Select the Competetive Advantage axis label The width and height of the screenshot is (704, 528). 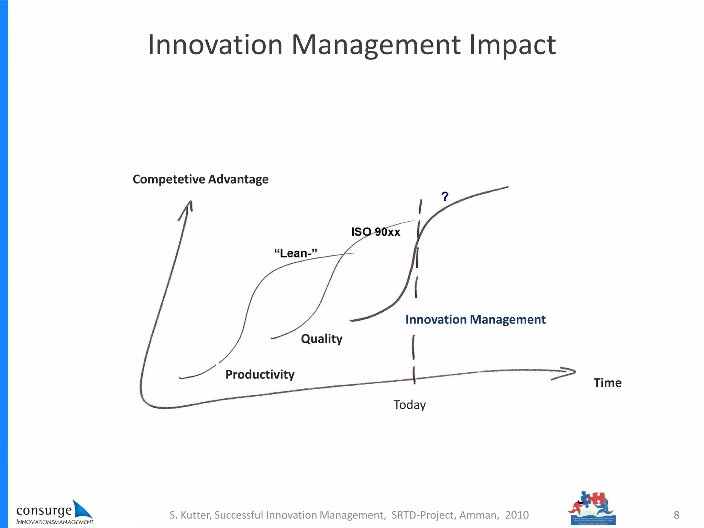click(200, 179)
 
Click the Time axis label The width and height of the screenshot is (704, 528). click(607, 383)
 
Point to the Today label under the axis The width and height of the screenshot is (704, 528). click(409, 405)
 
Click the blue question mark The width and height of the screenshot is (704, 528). click(445, 197)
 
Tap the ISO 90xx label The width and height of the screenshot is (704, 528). click(376, 232)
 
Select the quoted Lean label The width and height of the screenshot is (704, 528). click(296, 253)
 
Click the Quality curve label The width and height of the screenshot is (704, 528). click(321, 339)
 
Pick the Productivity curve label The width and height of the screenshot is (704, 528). click(260, 374)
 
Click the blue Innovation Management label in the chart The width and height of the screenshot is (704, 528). click(475, 320)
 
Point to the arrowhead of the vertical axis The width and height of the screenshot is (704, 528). click(188, 206)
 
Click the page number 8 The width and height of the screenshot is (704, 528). click(676, 515)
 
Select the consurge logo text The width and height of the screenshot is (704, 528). click(44, 511)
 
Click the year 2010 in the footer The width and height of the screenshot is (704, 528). click(517, 515)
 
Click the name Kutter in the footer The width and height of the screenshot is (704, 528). click(196, 515)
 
